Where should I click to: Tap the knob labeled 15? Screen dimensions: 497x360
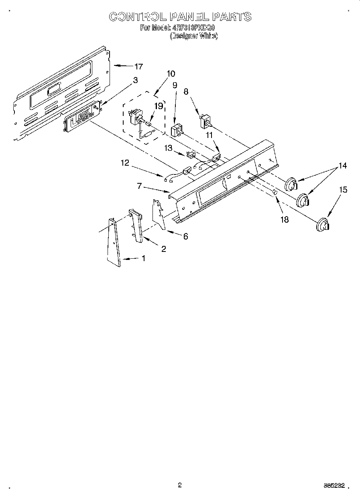point(321,225)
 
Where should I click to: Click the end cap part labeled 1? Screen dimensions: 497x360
point(114,242)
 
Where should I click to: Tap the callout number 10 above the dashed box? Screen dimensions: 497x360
point(171,73)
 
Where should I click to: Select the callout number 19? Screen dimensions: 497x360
point(159,106)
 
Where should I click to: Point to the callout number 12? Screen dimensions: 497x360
point(125,163)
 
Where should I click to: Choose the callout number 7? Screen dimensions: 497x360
point(140,185)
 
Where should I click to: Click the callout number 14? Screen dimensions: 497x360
point(342,165)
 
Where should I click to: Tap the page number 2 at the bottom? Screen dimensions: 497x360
point(180,485)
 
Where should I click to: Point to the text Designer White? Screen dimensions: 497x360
point(194,36)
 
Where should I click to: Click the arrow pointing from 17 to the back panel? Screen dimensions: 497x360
point(122,66)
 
